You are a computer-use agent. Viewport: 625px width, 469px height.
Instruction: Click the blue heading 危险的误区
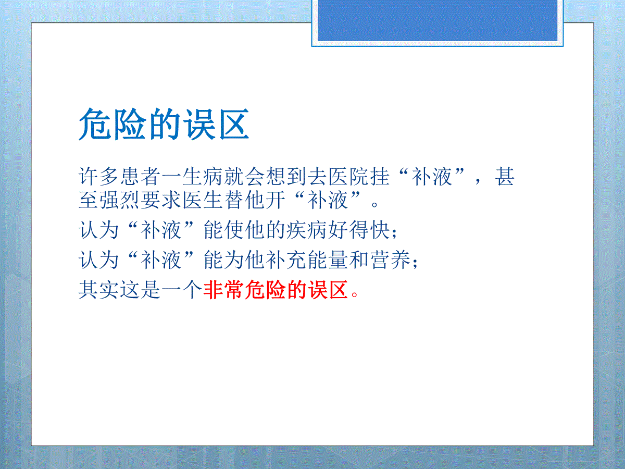(164, 124)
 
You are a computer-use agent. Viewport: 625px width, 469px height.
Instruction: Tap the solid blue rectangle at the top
(438, 20)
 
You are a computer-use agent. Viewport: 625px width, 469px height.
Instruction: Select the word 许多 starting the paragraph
(99, 176)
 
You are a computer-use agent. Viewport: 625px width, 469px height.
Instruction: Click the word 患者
(141, 176)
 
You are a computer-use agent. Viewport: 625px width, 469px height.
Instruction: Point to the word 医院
(349, 176)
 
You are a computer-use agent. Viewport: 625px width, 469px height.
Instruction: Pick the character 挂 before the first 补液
(380, 176)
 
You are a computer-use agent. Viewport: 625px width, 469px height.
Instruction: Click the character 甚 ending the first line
(505, 176)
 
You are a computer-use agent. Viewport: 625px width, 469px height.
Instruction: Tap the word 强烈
(120, 200)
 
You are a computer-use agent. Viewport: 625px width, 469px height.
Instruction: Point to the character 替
(234, 200)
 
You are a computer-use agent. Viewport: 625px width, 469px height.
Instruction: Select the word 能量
(328, 260)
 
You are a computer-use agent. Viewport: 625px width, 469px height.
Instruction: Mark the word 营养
(390, 260)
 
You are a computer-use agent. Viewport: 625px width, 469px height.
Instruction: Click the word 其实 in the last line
(99, 290)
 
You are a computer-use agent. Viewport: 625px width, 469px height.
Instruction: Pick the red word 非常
(224, 290)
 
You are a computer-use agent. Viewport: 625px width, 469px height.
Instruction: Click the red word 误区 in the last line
(328, 290)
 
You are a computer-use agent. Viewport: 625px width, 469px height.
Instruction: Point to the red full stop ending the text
(355, 294)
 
